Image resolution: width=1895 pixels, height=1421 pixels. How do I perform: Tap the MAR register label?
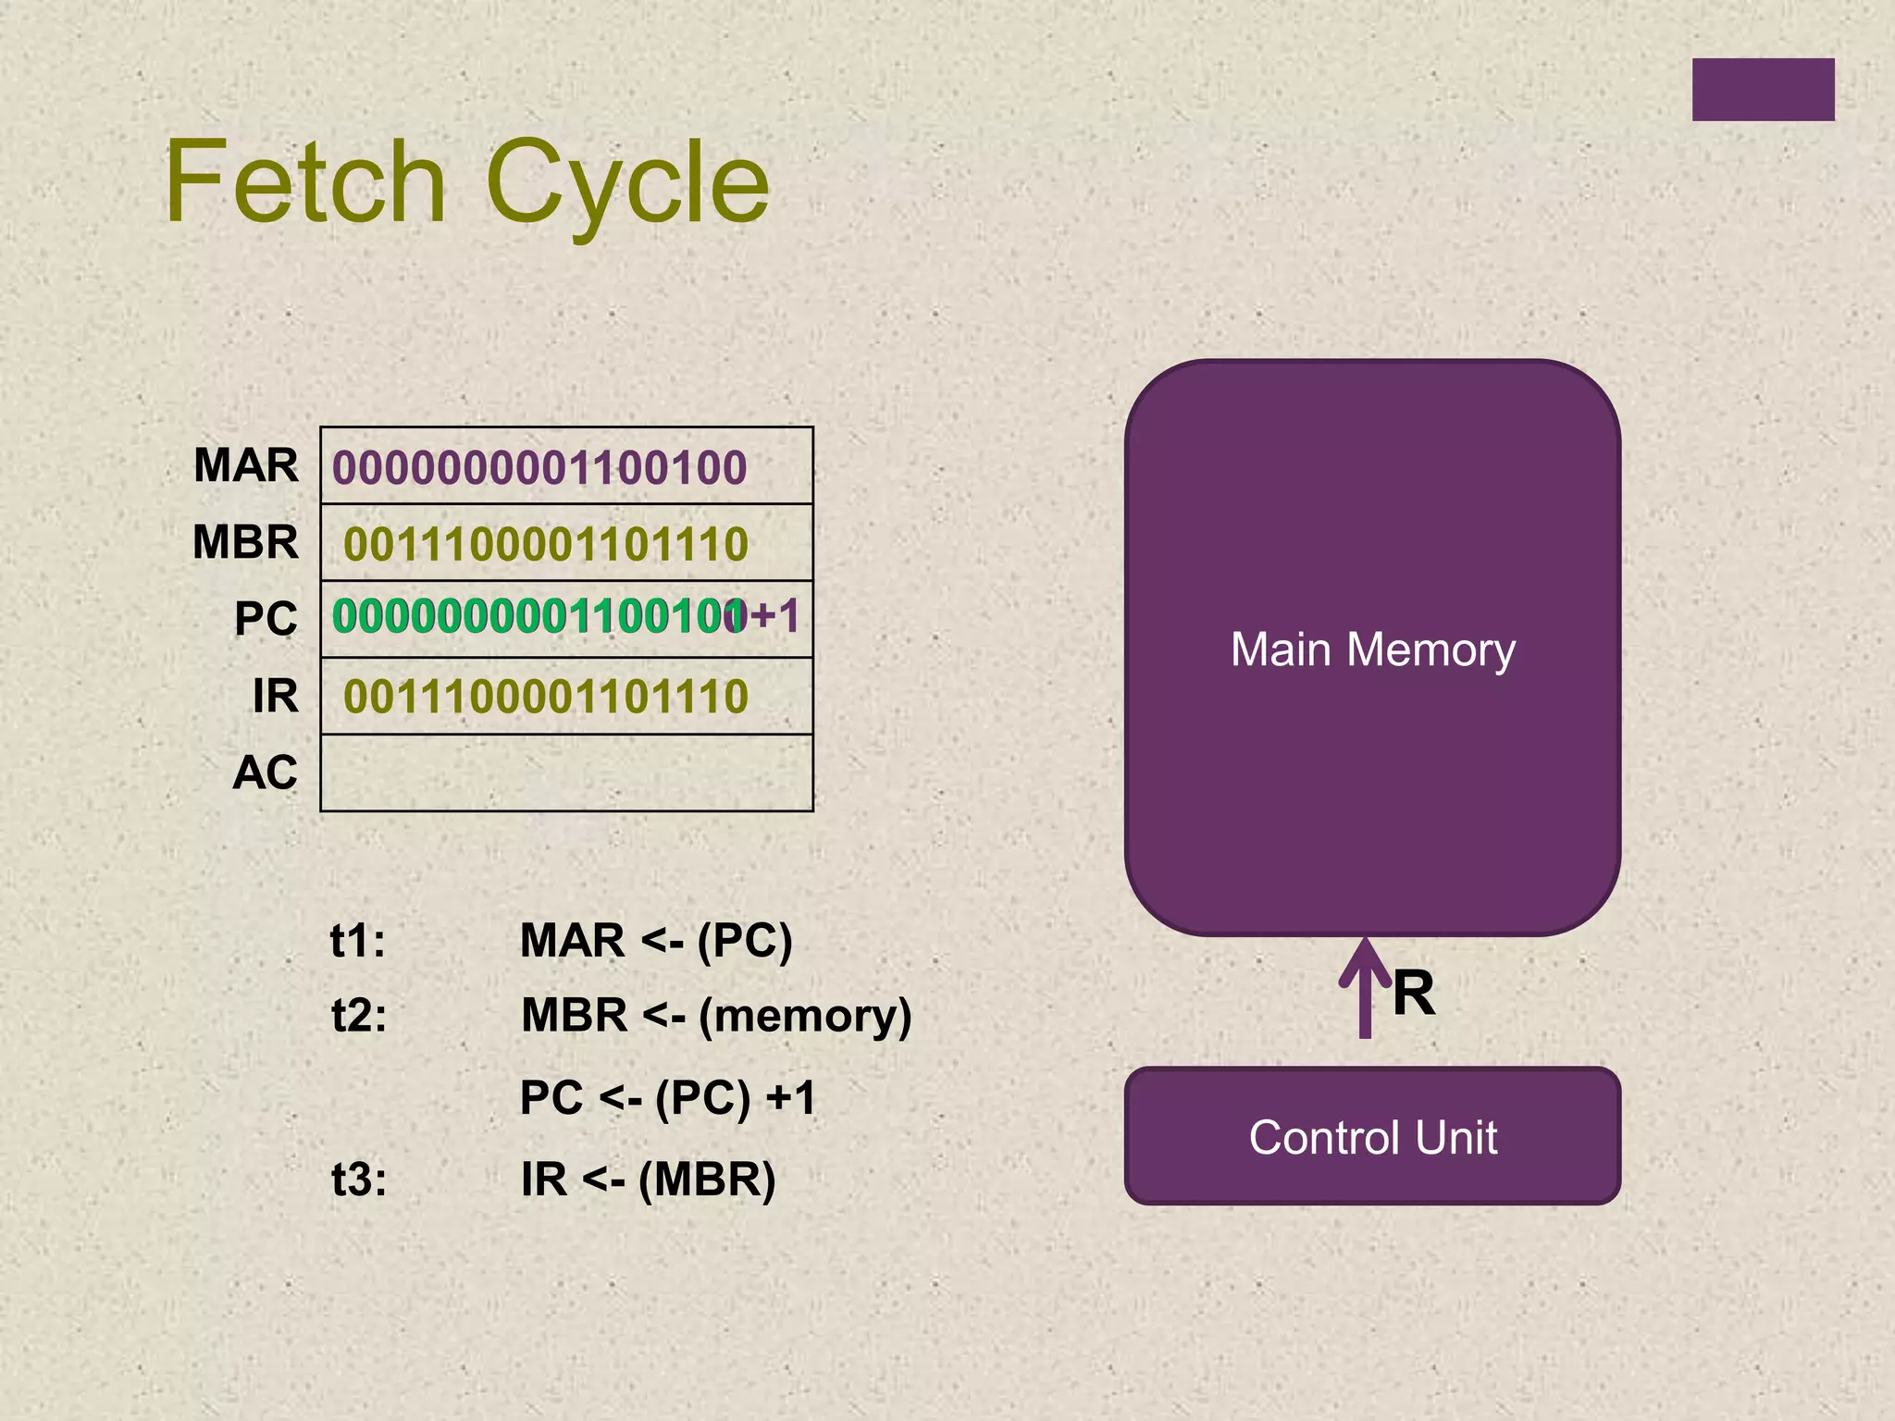click(246, 464)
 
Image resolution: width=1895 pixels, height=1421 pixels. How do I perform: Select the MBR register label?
click(246, 541)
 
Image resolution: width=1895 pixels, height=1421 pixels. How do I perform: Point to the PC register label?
click(266, 618)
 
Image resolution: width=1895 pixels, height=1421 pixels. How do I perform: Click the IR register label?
click(276, 696)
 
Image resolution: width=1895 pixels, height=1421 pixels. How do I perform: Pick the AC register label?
click(266, 772)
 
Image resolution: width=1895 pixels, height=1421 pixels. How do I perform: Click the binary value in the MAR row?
click(539, 467)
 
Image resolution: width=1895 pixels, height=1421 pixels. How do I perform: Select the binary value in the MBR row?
click(546, 544)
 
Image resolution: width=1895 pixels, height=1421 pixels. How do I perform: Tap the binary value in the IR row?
click(546, 697)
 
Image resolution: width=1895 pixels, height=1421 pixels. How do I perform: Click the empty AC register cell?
click(566, 773)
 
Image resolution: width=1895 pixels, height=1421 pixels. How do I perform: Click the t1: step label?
click(358, 941)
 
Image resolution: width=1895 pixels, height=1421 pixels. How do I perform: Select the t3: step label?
click(359, 1180)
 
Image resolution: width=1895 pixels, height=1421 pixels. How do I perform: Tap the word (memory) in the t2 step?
click(805, 1016)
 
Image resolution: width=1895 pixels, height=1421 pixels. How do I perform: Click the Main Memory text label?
click(1373, 649)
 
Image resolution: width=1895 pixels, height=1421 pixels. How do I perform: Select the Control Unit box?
click(1373, 1136)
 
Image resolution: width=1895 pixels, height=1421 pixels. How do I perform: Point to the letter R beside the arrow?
click(1414, 994)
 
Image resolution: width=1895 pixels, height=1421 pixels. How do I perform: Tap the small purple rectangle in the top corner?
click(1763, 90)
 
